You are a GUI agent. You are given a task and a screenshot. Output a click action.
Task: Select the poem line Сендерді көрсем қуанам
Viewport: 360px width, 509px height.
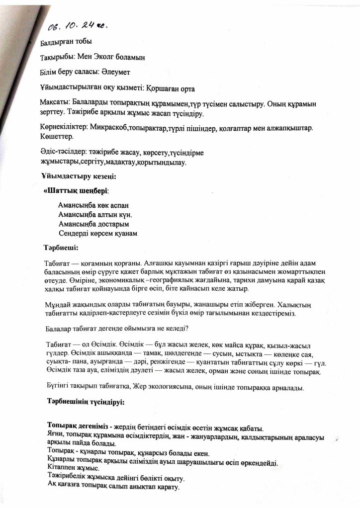point(98,233)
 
